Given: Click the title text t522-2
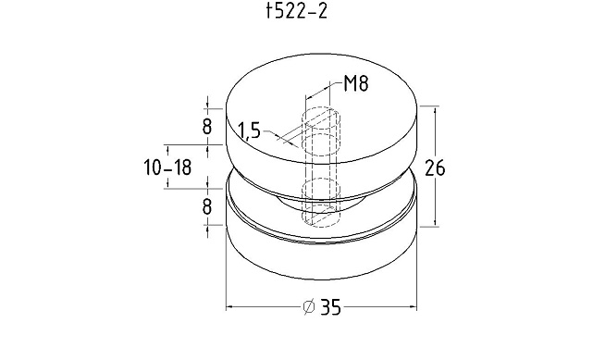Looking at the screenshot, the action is point(296,11).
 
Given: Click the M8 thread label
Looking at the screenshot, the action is point(356,83).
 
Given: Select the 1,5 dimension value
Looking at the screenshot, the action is point(250,131).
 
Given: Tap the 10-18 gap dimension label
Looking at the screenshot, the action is point(168,168).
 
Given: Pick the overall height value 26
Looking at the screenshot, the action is point(435,168).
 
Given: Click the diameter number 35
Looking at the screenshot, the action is point(331,307).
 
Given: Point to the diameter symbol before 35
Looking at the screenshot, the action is point(309,306).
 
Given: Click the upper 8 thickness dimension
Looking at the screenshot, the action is point(207,126).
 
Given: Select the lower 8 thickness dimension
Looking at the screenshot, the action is point(207,206).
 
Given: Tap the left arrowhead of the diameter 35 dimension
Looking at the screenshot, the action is point(229,307).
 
